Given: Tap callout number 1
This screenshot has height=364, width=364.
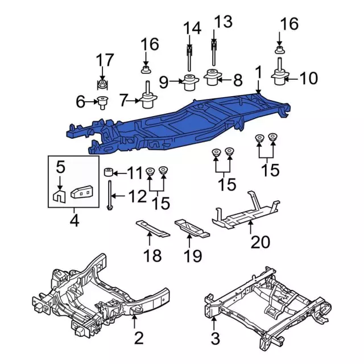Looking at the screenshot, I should click(x=258, y=72).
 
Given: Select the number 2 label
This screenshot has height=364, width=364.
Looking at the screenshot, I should click(x=139, y=340).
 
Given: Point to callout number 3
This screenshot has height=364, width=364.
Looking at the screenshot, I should click(x=214, y=340).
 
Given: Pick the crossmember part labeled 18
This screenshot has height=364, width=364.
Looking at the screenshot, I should click(x=152, y=229).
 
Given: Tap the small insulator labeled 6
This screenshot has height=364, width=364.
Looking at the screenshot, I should click(x=102, y=103).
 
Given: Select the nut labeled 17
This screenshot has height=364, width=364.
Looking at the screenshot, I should click(x=102, y=85).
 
